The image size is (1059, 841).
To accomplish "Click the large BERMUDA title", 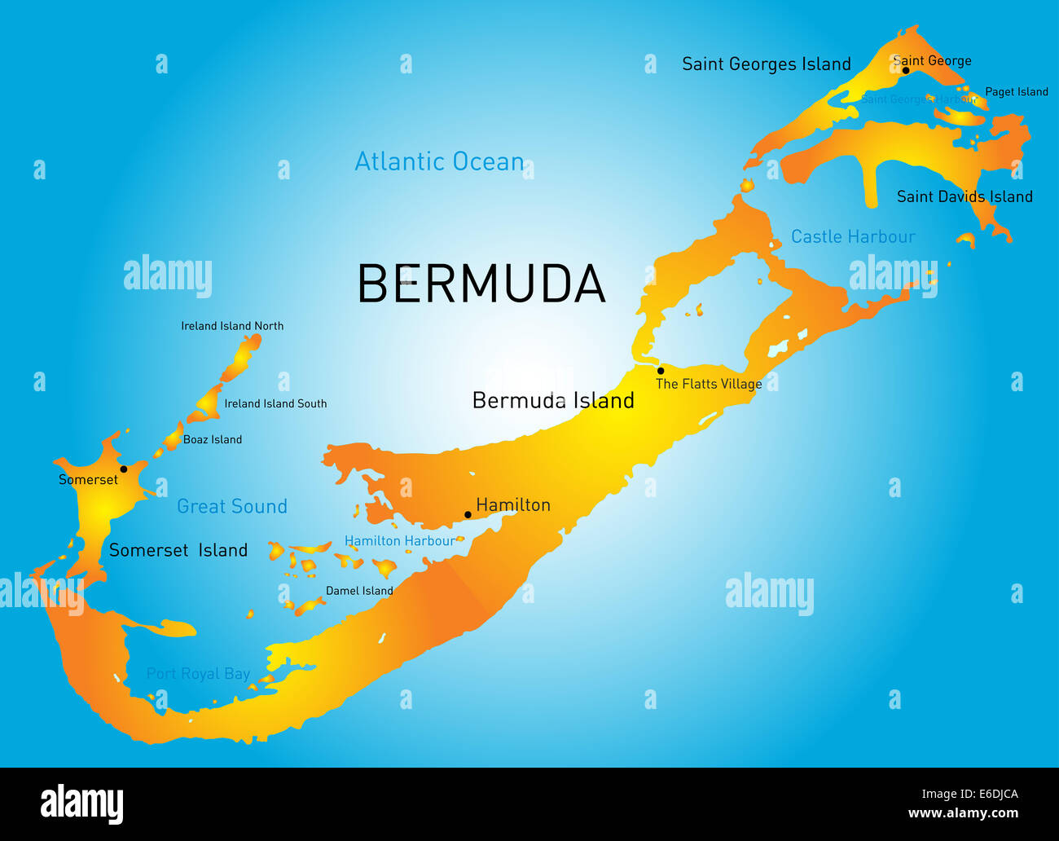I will point(481,284).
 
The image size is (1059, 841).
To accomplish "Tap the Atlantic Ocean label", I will point(439,161).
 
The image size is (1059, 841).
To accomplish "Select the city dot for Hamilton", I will point(468,514).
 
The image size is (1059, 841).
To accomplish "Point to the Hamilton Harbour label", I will point(399,540).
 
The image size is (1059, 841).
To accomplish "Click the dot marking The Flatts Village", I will point(661,371).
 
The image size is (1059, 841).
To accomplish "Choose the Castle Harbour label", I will point(853,236).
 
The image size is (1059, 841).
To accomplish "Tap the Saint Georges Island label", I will point(766,64).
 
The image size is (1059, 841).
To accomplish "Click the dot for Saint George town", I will point(905,70).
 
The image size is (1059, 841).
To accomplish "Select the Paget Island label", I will point(1016,91).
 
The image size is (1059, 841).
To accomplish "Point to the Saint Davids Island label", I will point(965,196).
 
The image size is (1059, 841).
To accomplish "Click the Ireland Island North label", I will point(232,326).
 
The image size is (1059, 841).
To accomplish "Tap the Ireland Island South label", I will point(275,403).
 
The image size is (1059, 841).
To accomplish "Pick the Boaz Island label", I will point(212,439).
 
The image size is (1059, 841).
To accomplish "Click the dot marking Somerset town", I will point(124,469).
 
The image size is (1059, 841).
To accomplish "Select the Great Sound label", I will point(232,506).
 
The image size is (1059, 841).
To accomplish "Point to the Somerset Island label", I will point(178,550).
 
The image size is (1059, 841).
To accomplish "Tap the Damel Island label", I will point(359,591).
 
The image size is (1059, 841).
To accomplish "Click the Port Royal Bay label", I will point(198,673).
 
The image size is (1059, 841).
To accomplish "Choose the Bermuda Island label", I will point(553,400).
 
